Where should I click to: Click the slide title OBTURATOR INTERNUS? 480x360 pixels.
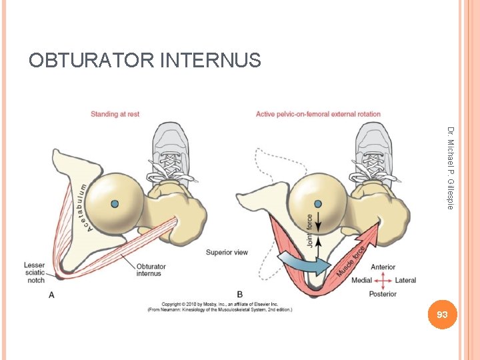(145, 61)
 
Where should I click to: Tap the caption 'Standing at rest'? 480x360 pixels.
(115, 114)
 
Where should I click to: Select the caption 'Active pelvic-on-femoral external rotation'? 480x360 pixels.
(318, 114)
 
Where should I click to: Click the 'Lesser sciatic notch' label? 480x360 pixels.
(35, 273)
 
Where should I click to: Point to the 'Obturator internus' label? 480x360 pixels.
(153, 269)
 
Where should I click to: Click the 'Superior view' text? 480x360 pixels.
(227, 252)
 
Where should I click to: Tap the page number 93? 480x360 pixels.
(442, 314)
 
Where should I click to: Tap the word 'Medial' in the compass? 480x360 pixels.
(361, 281)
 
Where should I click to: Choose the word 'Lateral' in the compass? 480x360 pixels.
(405, 281)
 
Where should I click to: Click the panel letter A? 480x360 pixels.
(51, 294)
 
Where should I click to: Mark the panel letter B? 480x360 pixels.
(240, 294)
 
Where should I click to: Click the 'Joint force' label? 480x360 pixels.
(309, 231)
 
